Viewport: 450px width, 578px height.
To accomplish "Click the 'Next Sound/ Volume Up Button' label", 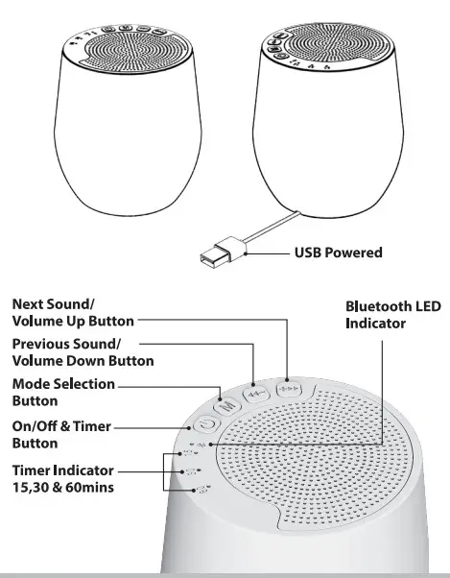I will (x=73, y=311).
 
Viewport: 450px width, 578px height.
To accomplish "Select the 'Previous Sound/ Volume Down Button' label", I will (x=83, y=352).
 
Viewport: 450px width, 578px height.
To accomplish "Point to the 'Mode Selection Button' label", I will (x=63, y=392).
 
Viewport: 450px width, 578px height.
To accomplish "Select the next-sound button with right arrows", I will (x=287, y=390).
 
